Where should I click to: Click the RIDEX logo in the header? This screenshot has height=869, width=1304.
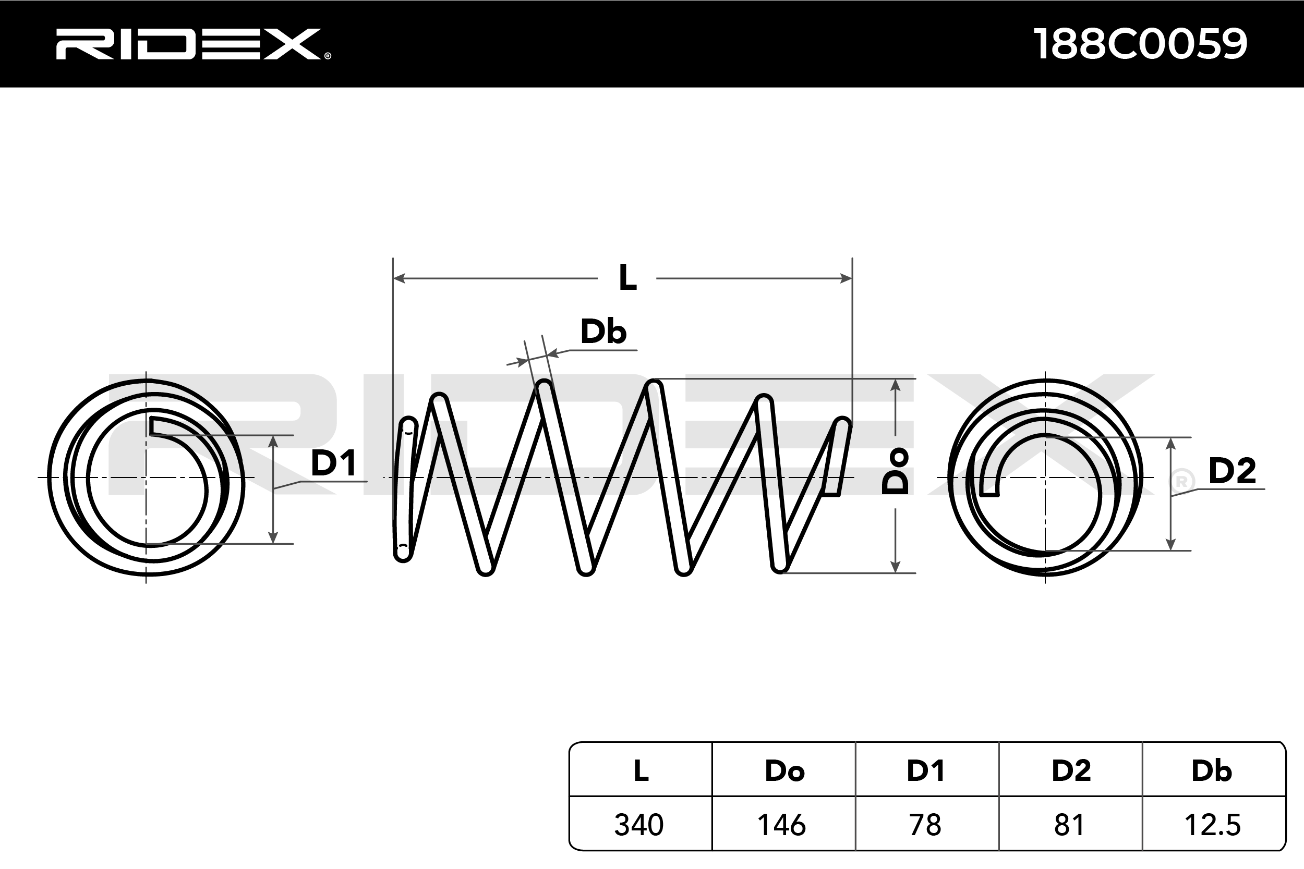(193, 44)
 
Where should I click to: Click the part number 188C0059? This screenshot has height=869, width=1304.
(1140, 44)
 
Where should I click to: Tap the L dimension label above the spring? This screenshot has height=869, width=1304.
(627, 278)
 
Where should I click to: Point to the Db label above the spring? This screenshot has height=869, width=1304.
(603, 332)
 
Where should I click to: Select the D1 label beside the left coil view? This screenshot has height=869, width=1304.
(333, 463)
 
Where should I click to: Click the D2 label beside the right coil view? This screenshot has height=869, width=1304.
(1232, 471)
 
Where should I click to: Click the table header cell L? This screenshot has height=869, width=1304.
(641, 770)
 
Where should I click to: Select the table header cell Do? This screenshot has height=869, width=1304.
(784, 770)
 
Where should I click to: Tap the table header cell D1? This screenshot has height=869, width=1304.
(926, 770)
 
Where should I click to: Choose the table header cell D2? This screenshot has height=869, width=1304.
(1071, 770)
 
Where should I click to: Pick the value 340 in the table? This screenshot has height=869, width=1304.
(638, 825)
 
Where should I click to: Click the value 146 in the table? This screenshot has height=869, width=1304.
(782, 825)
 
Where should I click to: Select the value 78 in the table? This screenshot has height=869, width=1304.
(925, 825)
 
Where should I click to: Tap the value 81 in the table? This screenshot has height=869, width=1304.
(1069, 825)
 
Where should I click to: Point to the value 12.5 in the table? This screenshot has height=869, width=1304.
(1213, 825)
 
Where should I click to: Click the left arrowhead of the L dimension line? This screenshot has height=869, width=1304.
(399, 278)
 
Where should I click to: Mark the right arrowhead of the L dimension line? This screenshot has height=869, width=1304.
(846, 278)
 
